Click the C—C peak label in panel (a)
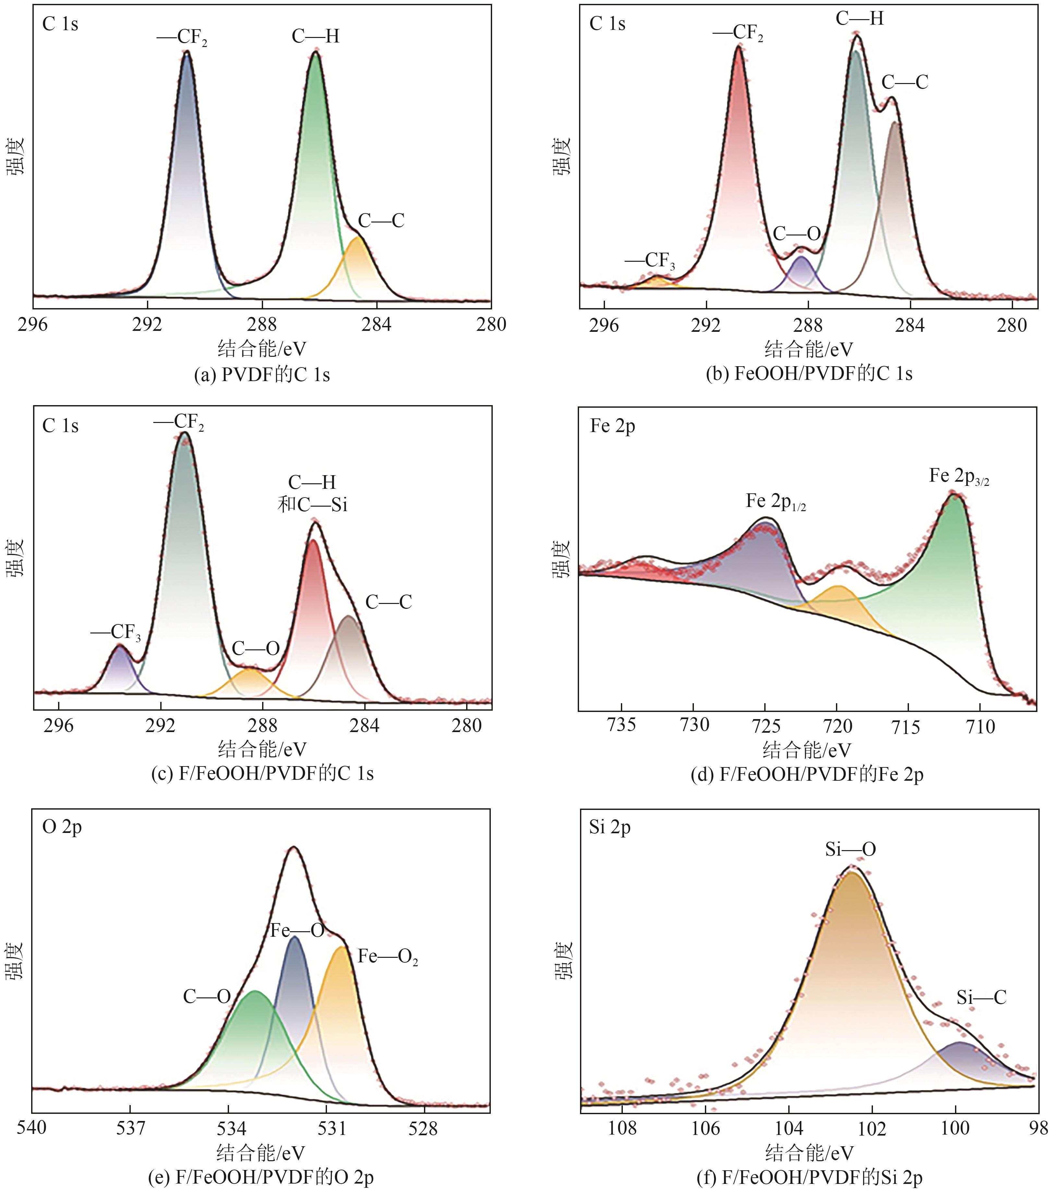tap(381, 221)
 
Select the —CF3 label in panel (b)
tap(650, 261)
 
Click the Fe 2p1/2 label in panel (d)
tap(776, 501)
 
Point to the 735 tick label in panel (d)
tap(622, 726)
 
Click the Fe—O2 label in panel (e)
tap(388, 957)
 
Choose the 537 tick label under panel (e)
tap(130, 1128)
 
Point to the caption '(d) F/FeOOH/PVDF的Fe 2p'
tap(807, 775)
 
